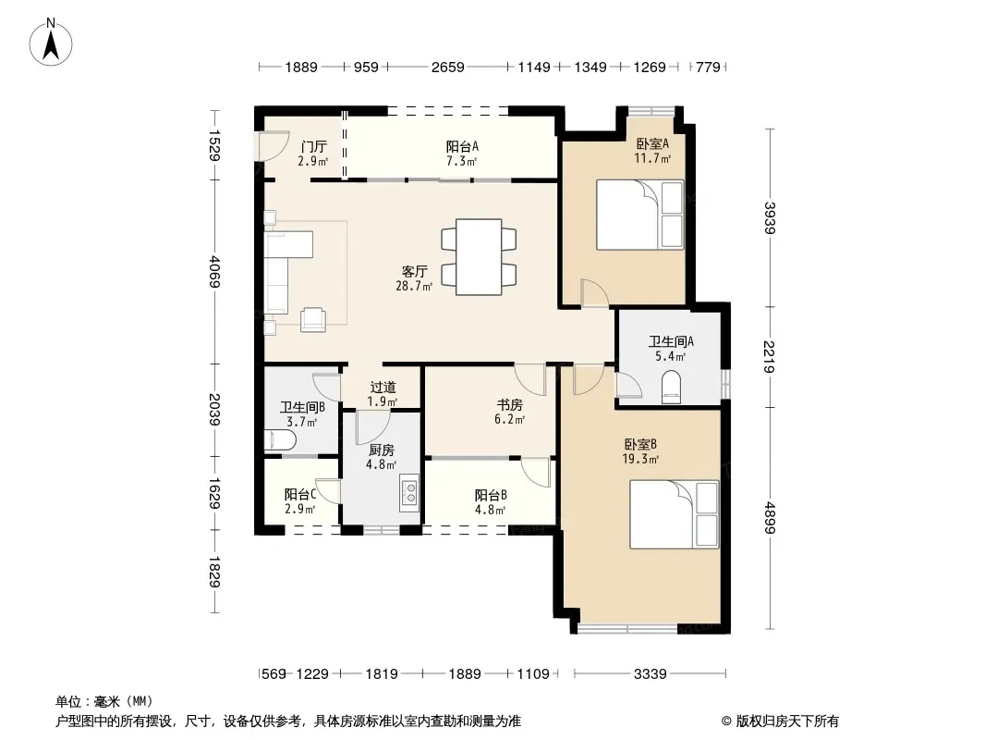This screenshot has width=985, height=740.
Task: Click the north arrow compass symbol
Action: [x=51, y=43]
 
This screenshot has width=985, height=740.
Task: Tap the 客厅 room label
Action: [x=415, y=272]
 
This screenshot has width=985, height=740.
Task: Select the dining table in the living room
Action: [x=479, y=256]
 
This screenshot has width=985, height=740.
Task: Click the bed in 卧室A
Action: [x=639, y=215]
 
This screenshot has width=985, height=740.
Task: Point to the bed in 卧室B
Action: [x=674, y=514]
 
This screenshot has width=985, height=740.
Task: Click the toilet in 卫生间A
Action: [x=671, y=386]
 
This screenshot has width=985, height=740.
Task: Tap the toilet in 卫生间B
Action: [x=280, y=439]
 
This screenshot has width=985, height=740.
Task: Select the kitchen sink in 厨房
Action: [x=409, y=491]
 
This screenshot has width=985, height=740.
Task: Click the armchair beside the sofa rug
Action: [x=313, y=319]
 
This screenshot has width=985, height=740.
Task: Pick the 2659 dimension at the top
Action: [x=447, y=67]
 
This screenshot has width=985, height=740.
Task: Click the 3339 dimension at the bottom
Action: [x=650, y=674]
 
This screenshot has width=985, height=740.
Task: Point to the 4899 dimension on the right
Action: [x=770, y=518]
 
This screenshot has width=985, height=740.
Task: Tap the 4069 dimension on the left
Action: [x=214, y=271]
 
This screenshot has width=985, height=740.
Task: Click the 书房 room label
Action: [x=509, y=405]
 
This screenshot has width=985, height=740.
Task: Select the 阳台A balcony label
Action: [x=462, y=146]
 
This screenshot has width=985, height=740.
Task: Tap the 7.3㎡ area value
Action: [x=462, y=161]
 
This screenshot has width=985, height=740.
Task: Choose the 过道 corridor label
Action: [x=383, y=388]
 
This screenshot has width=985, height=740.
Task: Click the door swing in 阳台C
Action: [x=329, y=491]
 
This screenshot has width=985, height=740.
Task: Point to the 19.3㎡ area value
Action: [x=640, y=459]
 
